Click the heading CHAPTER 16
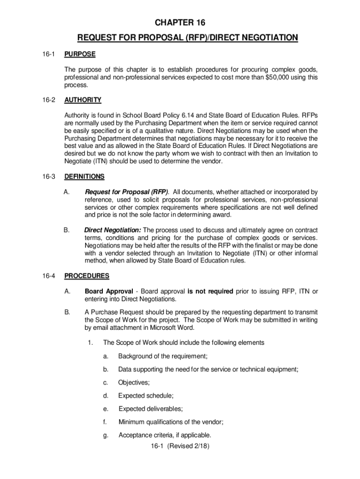180,22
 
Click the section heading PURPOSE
79,54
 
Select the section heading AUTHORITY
82,100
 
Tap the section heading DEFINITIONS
84,176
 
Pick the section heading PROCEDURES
86,276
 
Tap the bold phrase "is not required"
210,291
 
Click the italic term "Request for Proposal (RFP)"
127,192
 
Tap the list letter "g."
106,435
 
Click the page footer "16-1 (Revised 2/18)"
180,446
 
